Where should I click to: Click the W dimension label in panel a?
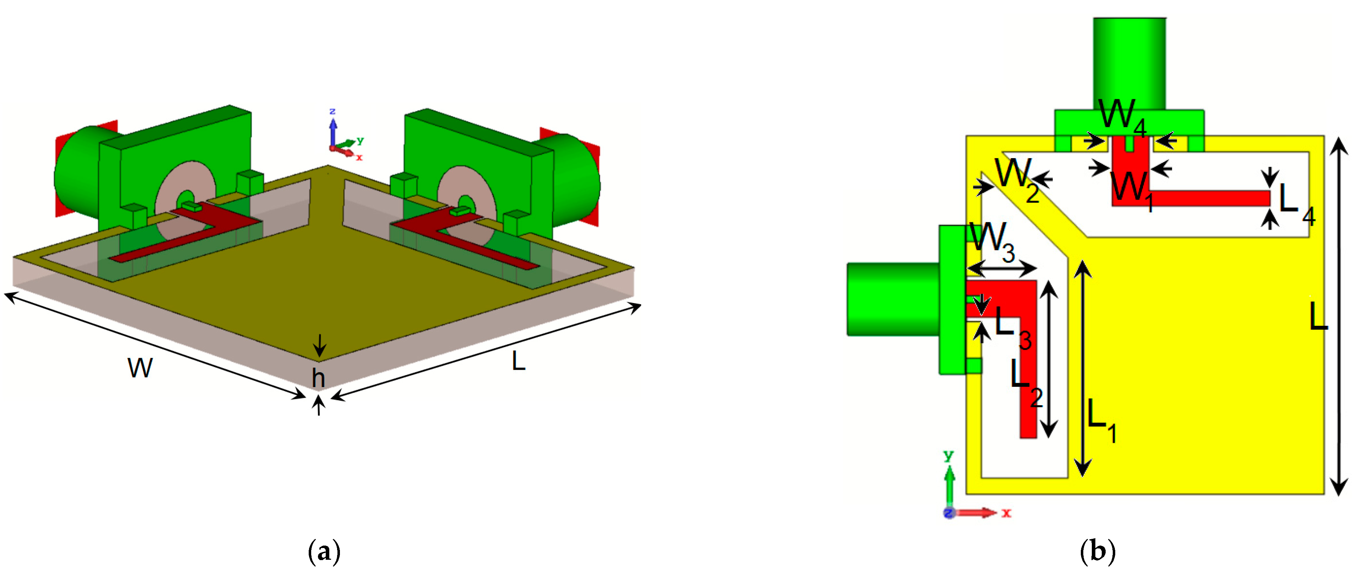140,367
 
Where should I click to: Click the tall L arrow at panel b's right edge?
1338,316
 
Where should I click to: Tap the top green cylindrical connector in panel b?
1129,63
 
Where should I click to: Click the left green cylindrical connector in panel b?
892,299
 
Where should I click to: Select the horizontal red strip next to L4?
1208,198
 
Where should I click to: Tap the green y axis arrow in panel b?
950,485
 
